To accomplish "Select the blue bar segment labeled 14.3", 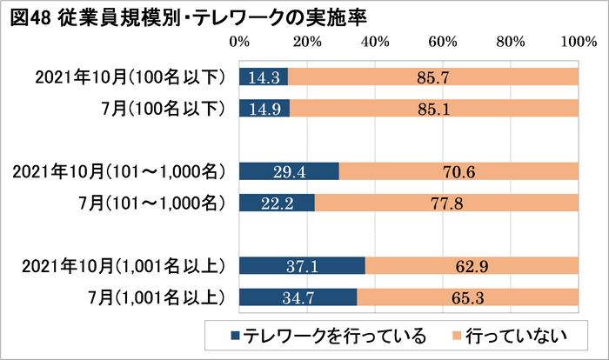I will (x=263, y=77).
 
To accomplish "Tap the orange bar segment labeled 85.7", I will (x=432, y=77).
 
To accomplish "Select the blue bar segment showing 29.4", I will (x=288, y=171).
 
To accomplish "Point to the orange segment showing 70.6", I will (x=458, y=171).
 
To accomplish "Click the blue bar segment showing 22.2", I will (x=276, y=203).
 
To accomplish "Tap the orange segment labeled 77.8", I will (x=445, y=203).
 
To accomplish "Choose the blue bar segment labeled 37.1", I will (x=301, y=265).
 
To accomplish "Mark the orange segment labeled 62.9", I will (x=471, y=265).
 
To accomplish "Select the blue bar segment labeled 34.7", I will (x=297, y=297).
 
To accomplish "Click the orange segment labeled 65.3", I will (x=467, y=297).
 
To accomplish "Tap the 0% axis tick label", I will (x=238, y=41).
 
